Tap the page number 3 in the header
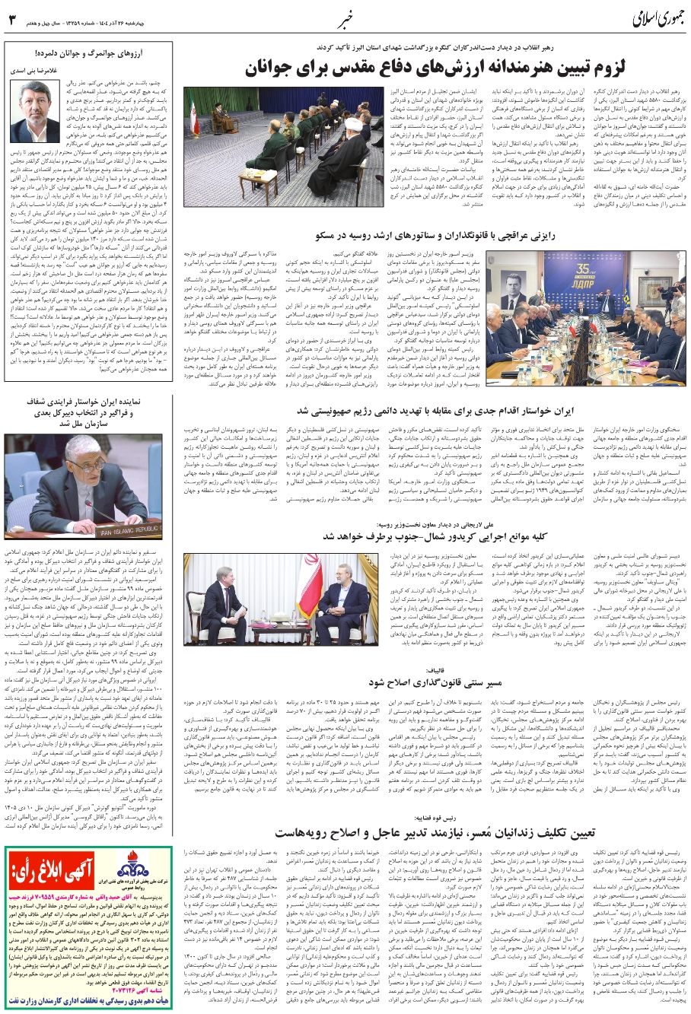[x=12, y=18]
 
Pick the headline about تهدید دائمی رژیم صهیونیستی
[x=433, y=411]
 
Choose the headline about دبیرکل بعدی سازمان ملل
[x=81, y=412]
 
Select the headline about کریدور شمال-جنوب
[x=434, y=537]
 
